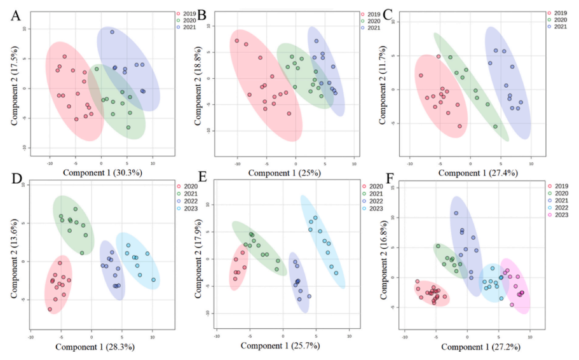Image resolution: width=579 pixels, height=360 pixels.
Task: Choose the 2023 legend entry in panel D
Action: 184,209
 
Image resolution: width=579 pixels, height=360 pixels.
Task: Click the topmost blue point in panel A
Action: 112,32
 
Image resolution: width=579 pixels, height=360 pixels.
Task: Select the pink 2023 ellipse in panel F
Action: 515,286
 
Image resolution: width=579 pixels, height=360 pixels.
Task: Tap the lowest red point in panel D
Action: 50,309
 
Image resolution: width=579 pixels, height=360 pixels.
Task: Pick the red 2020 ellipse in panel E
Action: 238,270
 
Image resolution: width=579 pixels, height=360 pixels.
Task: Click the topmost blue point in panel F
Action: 456,213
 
